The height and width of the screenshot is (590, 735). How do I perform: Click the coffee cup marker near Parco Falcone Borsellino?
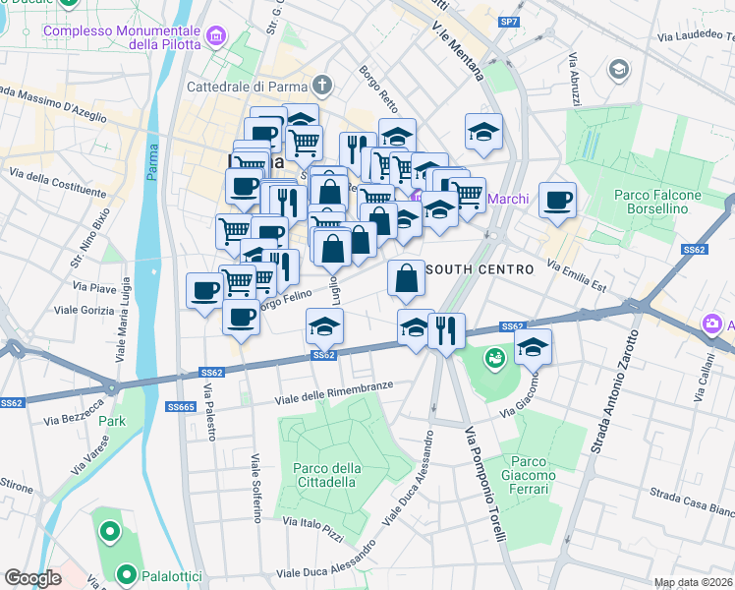(557, 201)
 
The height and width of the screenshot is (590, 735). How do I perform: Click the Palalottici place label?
(167, 574)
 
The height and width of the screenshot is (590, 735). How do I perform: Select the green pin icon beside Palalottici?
(126, 573)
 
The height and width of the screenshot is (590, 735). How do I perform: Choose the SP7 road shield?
(508, 21)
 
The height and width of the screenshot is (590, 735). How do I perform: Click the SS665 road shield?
(180, 406)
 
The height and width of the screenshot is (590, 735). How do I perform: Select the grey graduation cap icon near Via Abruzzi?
(618, 69)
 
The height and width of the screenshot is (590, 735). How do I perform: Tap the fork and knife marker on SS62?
(447, 330)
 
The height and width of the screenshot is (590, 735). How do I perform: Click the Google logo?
(33, 577)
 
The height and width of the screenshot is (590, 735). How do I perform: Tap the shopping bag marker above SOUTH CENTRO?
(407, 278)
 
